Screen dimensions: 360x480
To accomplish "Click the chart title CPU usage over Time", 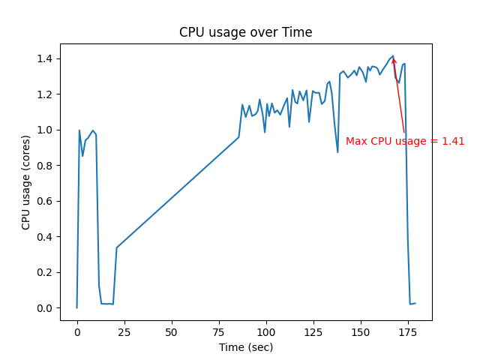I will click(x=245, y=32).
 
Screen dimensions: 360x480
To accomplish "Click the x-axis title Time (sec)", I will click(x=245, y=347).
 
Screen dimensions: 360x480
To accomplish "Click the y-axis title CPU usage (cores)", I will click(x=26, y=183).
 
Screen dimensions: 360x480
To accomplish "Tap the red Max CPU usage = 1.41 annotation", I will click(x=405, y=141).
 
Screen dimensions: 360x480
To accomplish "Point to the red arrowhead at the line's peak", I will click(x=394, y=61).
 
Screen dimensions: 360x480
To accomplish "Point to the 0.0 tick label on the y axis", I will click(x=46, y=308).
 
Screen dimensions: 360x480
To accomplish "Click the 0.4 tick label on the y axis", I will click(x=46, y=237).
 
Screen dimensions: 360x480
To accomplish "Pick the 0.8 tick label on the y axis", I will click(x=46, y=166).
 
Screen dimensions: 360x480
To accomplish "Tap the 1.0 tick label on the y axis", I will click(x=46, y=130).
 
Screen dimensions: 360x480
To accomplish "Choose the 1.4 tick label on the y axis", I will click(x=46, y=58).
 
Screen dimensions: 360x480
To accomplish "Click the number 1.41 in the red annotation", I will click(x=454, y=141).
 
